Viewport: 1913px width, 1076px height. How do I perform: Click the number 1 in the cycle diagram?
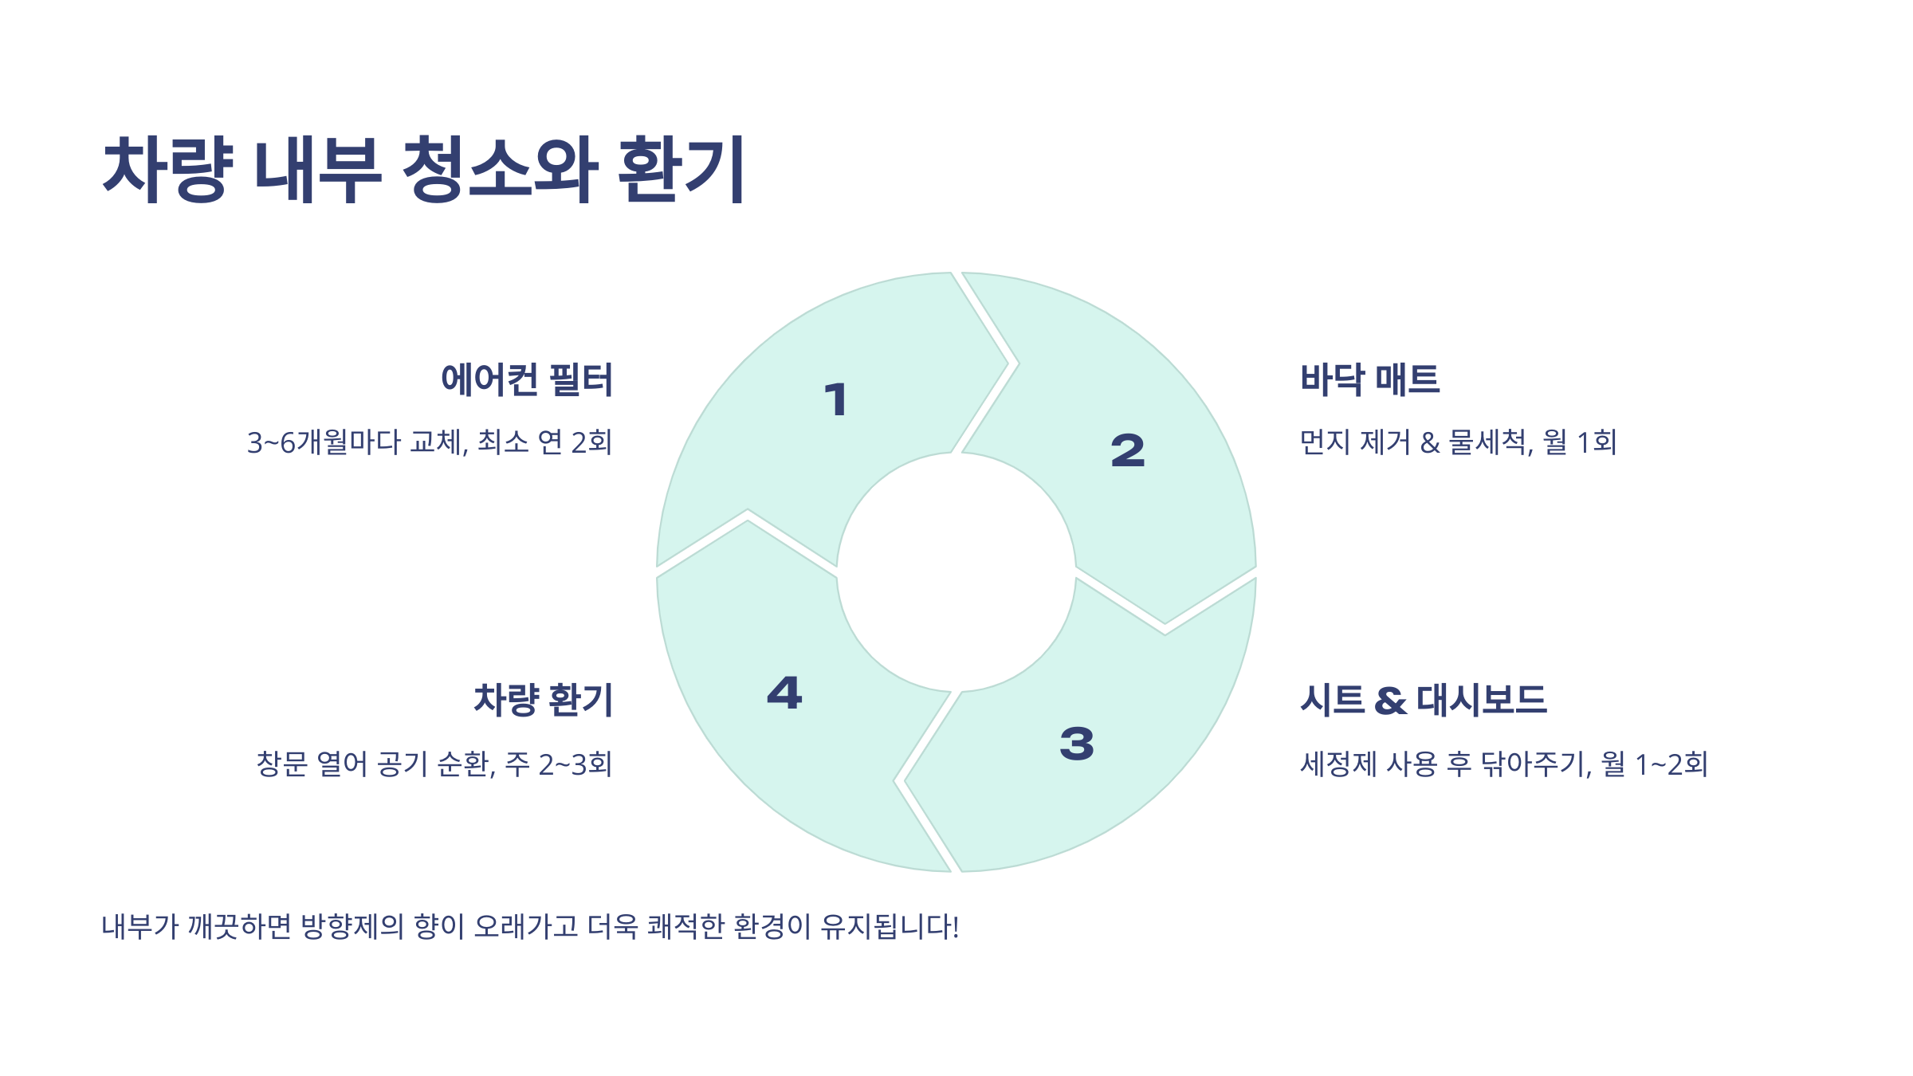836,399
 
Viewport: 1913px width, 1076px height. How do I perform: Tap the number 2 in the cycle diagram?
1128,450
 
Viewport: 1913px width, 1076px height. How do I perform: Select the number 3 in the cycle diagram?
1077,744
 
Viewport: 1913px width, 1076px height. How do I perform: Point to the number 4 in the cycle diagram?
784,693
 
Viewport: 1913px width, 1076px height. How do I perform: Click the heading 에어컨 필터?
527,379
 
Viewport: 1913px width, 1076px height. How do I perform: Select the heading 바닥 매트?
1369,379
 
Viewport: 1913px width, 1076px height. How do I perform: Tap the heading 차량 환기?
543,701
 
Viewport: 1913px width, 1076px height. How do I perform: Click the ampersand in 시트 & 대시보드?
1390,701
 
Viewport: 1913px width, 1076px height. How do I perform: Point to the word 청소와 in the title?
500,169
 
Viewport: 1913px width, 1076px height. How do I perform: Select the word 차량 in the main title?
168,169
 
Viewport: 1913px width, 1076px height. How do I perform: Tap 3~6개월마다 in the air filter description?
324,442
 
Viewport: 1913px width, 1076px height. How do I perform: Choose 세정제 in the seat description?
1338,764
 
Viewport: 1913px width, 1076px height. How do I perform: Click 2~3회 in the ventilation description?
575,764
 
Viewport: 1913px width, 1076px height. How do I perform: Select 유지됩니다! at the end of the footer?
890,927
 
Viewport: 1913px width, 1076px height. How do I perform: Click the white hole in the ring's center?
956,572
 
